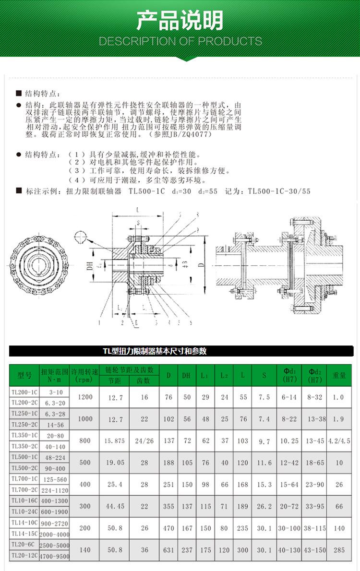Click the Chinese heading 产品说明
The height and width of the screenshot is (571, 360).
tap(180, 21)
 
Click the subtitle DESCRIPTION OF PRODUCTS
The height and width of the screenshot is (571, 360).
tap(180, 41)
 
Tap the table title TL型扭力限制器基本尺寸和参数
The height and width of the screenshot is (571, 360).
tap(155, 351)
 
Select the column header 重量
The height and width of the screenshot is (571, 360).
tap(339, 375)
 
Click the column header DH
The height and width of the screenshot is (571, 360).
tap(186, 375)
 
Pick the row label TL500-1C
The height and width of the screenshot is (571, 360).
tap(24, 457)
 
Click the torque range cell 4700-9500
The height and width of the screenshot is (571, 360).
tap(54, 556)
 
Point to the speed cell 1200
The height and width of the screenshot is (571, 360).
tap(84, 397)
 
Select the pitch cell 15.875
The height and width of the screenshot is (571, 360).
tap(115, 440)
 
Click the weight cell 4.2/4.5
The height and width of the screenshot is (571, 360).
tap(339, 440)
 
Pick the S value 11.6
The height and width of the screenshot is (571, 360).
tap(264, 463)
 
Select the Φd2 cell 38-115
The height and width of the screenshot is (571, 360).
tap(314, 528)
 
